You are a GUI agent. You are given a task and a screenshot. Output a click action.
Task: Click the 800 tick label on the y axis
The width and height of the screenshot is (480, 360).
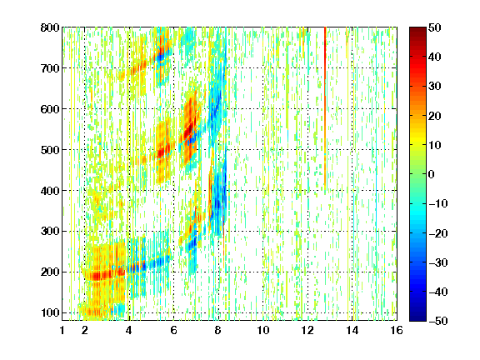coord(50,27)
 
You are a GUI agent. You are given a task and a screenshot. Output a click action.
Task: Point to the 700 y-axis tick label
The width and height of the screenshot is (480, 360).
coord(50,68)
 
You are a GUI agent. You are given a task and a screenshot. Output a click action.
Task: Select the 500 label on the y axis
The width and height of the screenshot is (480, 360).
coord(50,150)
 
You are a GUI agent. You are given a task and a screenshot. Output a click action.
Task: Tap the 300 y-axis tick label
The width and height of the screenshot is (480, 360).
coord(50,232)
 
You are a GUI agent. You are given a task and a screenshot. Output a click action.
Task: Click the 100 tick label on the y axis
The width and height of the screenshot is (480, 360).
coord(50,312)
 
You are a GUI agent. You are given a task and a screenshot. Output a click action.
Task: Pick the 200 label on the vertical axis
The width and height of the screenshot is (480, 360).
coord(50,272)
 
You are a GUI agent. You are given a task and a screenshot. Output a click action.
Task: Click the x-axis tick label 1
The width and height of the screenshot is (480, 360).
coord(62,330)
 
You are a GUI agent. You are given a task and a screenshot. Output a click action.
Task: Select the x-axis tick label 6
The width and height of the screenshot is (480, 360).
coord(173,330)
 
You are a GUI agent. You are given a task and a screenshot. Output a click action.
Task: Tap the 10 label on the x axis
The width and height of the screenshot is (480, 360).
coord(263,330)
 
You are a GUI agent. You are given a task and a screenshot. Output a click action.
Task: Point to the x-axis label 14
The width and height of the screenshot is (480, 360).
coord(352,330)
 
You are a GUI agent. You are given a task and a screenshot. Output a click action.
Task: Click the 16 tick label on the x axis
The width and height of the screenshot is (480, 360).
coord(397,330)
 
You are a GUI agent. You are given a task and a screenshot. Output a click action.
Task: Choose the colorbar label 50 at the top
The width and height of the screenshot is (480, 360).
coord(434,27)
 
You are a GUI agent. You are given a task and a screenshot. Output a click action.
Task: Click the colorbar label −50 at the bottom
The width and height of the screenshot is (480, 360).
coord(438,321)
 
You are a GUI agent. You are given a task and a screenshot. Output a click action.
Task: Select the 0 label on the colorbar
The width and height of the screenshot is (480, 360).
coord(432,174)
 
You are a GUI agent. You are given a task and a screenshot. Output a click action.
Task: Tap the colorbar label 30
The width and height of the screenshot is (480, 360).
coord(434,87)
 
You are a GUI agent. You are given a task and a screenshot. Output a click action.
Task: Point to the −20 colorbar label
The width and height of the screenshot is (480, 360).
coord(438,233)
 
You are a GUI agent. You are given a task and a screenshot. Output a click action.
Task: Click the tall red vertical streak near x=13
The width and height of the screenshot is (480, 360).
coord(325,107)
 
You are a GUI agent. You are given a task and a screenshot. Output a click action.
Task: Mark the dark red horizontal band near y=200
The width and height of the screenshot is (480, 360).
coord(104,275)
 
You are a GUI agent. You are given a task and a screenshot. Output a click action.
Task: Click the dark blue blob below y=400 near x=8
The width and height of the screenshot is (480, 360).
coord(217,203)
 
